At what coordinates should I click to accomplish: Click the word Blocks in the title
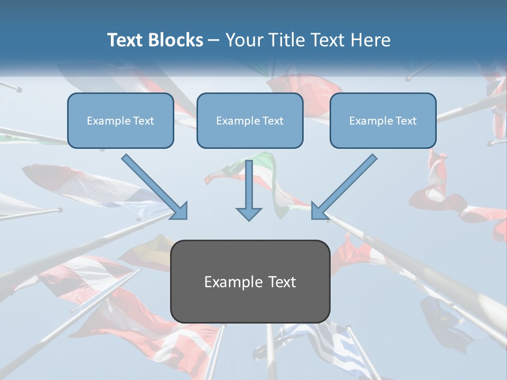[x=175, y=40]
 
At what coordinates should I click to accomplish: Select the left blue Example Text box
[x=120, y=120]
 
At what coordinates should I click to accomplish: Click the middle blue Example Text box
[x=250, y=120]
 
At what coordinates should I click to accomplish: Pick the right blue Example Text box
[x=383, y=120]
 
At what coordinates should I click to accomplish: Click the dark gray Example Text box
[x=250, y=281]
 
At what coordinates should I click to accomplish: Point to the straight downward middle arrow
[x=249, y=190]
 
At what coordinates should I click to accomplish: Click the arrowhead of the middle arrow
[x=249, y=213]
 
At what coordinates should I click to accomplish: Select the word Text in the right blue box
[x=406, y=121]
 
